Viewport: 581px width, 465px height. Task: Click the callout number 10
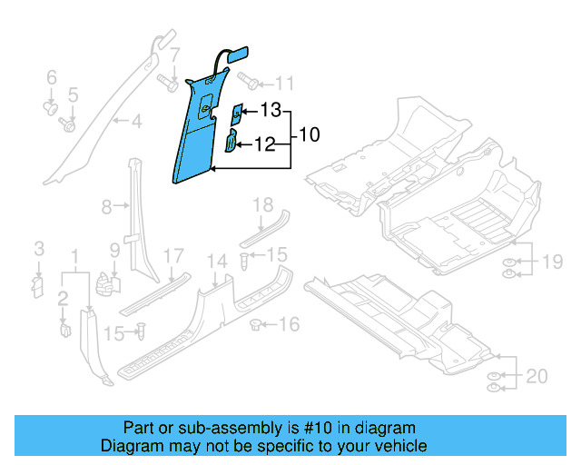coord(309,135)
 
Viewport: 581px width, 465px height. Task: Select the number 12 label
coord(264,143)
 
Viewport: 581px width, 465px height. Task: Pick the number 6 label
coord(52,77)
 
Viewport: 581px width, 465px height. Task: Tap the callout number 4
coord(136,121)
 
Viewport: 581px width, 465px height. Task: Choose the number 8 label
coord(106,208)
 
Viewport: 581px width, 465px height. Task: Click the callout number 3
coord(39,249)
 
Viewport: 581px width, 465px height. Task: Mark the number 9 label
coord(115,249)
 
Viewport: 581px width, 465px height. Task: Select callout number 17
coord(172,256)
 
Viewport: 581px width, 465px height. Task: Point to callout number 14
coord(216,262)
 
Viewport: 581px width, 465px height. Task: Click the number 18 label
coord(262,203)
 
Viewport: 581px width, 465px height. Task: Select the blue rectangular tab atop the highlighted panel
coord(242,54)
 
